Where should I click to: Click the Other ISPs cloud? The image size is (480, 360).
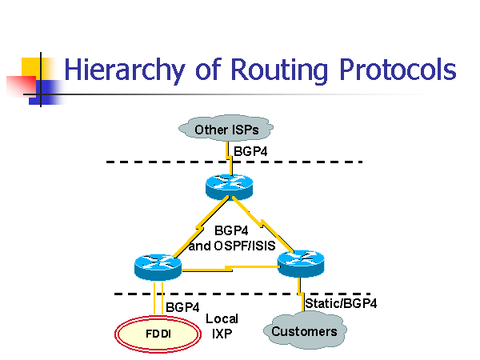[x=228, y=129]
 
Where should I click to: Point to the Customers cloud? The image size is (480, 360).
[x=304, y=331]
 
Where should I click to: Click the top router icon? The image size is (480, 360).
[x=228, y=186]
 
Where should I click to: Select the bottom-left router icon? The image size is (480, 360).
[x=158, y=266]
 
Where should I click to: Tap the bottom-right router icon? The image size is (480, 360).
[x=300, y=262]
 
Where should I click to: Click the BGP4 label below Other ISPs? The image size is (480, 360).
[x=250, y=150]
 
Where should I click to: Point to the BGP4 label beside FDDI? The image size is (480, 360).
[x=182, y=306]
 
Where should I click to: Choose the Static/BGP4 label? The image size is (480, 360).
[x=341, y=303]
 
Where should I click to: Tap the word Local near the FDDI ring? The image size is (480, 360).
[x=222, y=318]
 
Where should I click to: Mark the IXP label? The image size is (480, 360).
[x=222, y=334]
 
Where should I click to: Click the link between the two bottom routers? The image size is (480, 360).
[x=230, y=270]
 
